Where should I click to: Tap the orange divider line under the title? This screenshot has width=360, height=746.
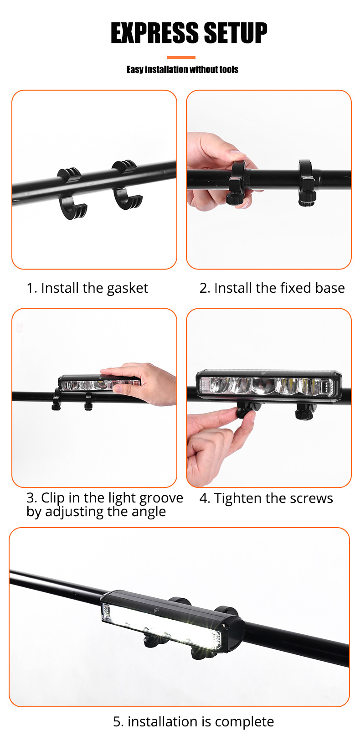click(x=181, y=57)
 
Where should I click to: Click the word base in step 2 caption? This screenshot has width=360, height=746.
click(x=331, y=288)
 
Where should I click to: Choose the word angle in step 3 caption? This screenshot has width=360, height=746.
click(x=149, y=512)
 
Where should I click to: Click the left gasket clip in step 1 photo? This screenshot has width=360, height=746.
click(x=72, y=194)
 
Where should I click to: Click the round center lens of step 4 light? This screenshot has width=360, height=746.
click(x=263, y=386)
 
